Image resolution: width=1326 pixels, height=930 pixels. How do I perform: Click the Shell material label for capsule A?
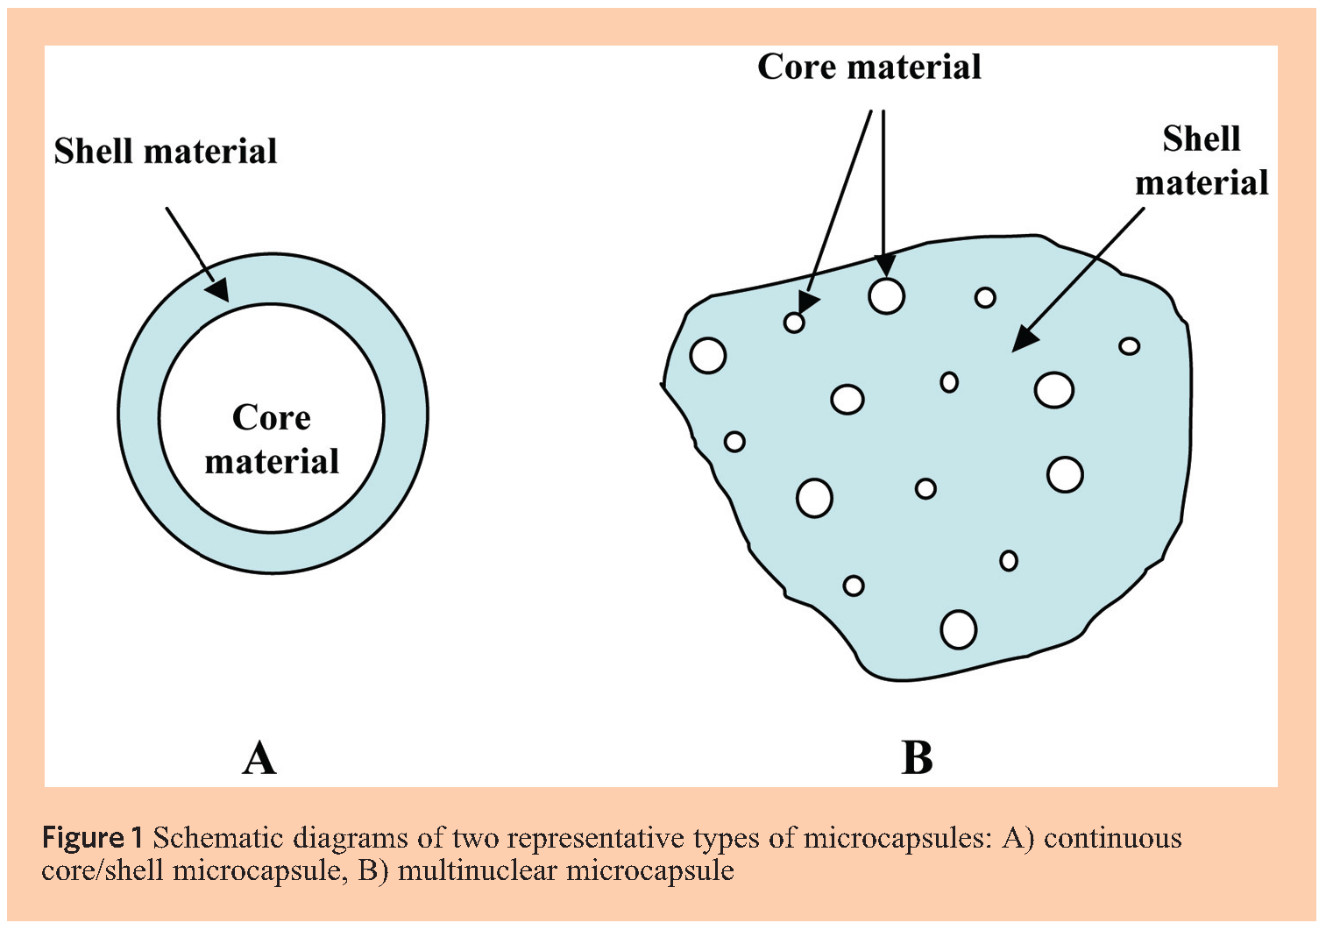[166, 152]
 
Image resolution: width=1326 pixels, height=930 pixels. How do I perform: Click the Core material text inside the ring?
[272, 439]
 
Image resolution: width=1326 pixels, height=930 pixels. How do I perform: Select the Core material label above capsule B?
[869, 67]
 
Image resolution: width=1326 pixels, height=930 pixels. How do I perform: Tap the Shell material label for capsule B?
[1202, 160]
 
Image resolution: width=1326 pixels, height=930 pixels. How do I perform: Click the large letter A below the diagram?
[259, 758]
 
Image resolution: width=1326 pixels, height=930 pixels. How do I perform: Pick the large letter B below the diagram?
[917, 758]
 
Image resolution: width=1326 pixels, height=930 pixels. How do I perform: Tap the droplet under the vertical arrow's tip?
[886, 296]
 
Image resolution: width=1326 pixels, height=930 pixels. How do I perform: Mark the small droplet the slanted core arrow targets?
[794, 323]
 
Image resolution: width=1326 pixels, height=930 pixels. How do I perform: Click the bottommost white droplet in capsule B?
[958, 629]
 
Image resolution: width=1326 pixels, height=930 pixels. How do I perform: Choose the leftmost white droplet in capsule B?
[708, 355]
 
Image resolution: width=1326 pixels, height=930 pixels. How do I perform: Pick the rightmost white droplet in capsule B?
[1130, 346]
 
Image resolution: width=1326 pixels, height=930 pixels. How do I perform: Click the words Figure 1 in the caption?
[92, 839]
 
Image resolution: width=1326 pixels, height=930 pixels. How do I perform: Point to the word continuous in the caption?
[1112, 839]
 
